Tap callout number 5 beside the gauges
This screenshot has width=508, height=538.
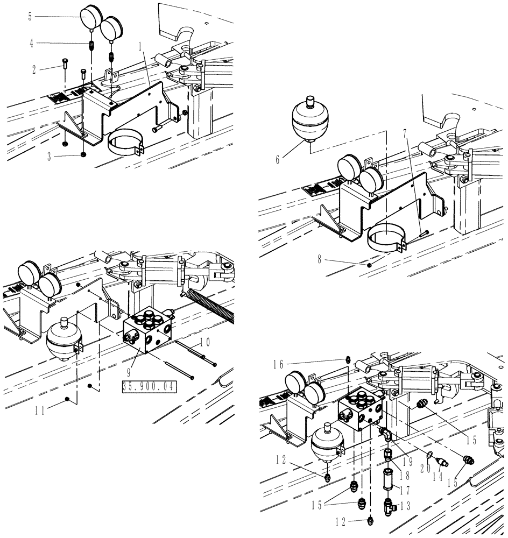[30, 16]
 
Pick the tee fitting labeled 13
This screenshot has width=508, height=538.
[389, 505]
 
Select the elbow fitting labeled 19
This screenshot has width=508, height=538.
[386, 435]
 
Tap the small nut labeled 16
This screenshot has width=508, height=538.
[348, 359]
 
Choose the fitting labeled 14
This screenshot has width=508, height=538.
[443, 462]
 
